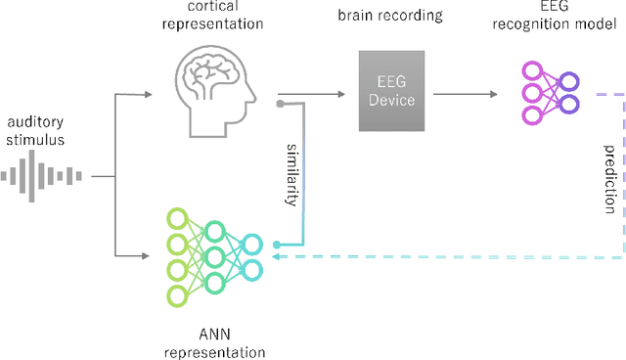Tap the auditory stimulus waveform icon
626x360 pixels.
43,176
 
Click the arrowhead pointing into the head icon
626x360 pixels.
148,95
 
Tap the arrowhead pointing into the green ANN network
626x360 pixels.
148,256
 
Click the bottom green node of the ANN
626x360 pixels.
176,294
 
